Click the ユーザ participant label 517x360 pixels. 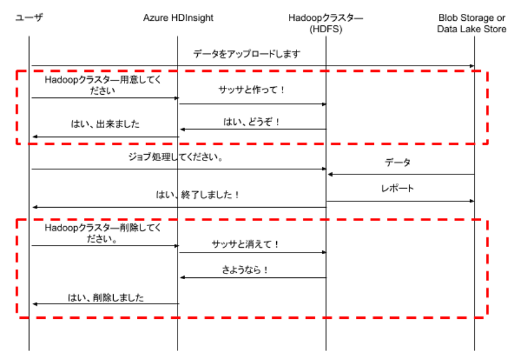29,17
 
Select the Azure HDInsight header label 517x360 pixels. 178,18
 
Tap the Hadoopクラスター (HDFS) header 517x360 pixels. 325,23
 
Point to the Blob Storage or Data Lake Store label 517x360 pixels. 472,23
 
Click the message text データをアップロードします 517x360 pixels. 246,53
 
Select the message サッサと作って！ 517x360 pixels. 252,90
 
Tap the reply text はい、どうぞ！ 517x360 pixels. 252,122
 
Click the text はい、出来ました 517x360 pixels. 105,124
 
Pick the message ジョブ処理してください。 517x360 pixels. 176,157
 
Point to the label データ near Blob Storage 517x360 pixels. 398,162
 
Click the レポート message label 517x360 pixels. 398,188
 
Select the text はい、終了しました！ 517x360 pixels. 197,195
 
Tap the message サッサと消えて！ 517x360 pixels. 245,244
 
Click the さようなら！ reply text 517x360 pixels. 245,270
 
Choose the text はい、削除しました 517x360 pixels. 106,297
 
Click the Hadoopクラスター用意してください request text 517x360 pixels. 103,85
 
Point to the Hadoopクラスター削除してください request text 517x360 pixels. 103,233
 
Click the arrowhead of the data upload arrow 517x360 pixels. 472,66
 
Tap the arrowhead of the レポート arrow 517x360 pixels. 472,201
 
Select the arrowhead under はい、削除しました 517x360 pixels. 35,304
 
